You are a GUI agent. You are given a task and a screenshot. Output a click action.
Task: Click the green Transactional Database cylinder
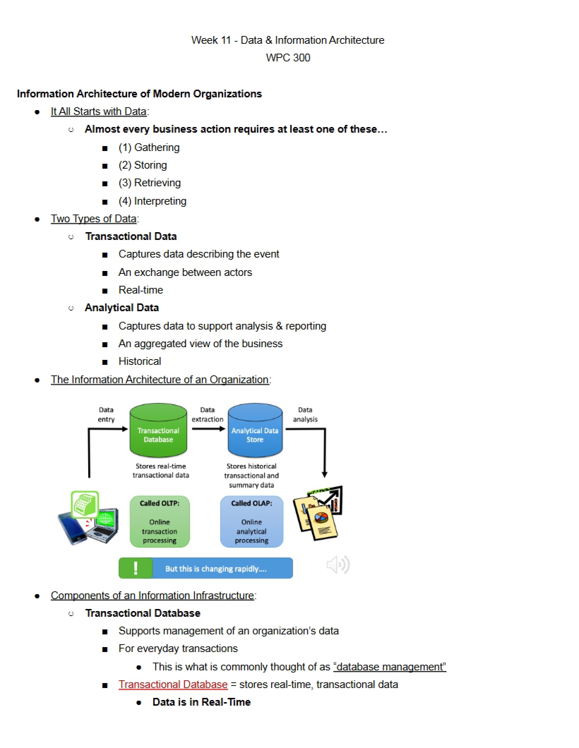click(158, 430)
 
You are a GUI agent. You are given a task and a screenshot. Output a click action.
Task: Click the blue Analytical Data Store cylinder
click(255, 430)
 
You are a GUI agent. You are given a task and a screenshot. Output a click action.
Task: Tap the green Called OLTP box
click(160, 521)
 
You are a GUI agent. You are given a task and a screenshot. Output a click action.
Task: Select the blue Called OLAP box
click(252, 521)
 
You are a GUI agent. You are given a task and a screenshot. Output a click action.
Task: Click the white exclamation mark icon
click(136, 568)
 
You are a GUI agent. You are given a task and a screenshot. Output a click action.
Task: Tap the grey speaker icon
click(338, 565)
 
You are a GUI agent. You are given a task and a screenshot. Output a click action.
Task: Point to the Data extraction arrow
click(208, 429)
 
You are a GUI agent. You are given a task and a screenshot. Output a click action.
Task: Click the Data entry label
click(106, 415)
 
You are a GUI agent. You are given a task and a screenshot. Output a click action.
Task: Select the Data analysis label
click(305, 415)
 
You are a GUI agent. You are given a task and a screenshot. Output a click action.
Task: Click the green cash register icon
click(85, 505)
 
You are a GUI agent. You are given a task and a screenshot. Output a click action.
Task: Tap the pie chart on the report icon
click(321, 518)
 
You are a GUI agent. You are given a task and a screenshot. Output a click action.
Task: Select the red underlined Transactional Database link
click(173, 684)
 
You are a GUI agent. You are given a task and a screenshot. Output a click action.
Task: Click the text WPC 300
click(288, 58)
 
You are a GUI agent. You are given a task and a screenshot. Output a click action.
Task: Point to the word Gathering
click(157, 147)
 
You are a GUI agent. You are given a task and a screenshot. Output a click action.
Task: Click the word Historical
click(140, 361)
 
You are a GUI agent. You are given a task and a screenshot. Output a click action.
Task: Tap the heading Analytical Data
click(122, 308)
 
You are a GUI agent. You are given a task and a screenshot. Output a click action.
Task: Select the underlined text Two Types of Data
click(94, 219)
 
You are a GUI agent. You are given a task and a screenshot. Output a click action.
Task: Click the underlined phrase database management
click(390, 667)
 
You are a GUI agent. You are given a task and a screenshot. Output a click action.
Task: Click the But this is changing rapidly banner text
click(216, 569)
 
